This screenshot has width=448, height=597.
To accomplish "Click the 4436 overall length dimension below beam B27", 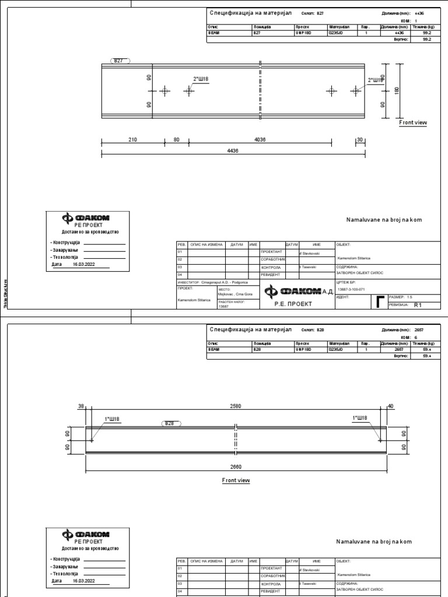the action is tap(233, 150).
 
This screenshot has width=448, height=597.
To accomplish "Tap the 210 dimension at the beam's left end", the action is tap(132, 139).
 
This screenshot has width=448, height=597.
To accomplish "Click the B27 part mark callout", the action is tap(119, 61).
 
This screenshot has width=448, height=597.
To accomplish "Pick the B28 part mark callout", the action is tap(169, 423).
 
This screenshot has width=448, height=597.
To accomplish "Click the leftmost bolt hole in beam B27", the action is tap(164, 91).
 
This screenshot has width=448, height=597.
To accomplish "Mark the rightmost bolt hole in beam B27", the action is tap(356, 90).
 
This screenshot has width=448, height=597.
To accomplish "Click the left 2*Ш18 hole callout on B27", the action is tap(201, 79).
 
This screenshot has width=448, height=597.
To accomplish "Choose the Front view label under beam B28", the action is tap(236, 480).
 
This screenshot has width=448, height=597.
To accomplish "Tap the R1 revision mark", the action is tap(418, 305).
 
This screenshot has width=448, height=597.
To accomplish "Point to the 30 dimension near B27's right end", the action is tap(359, 139).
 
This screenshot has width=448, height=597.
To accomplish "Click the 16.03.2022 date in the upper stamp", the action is tap(83, 264).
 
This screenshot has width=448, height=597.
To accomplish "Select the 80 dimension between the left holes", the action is tap(176, 139).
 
